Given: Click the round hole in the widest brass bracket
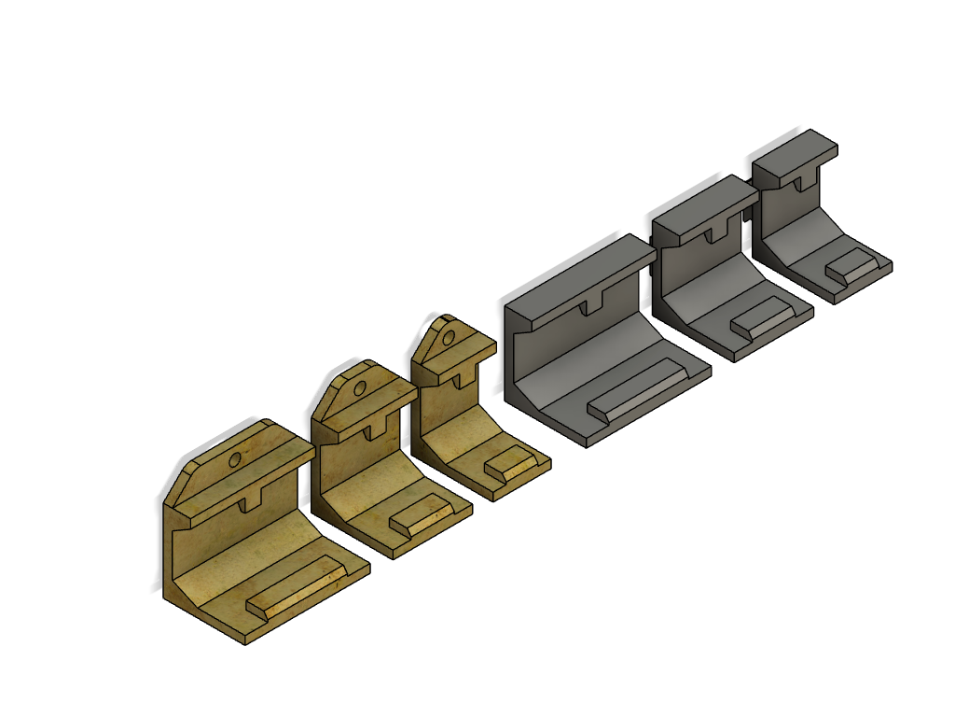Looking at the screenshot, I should (x=235, y=458).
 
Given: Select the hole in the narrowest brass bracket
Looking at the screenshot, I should (x=450, y=338).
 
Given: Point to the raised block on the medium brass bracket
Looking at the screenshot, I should (x=424, y=515).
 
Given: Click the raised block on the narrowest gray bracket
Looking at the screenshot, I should (x=857, y=266).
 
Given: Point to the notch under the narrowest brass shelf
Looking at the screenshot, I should (x=462, y=378).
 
